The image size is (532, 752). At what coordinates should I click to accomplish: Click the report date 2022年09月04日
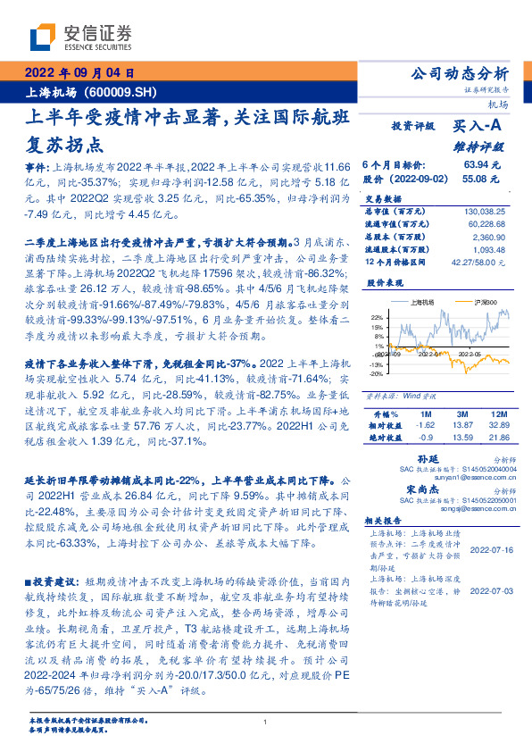(79, 74)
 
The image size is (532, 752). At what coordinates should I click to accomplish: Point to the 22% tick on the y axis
(377, 316)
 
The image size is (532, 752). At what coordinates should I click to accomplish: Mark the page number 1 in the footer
(266, 723)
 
